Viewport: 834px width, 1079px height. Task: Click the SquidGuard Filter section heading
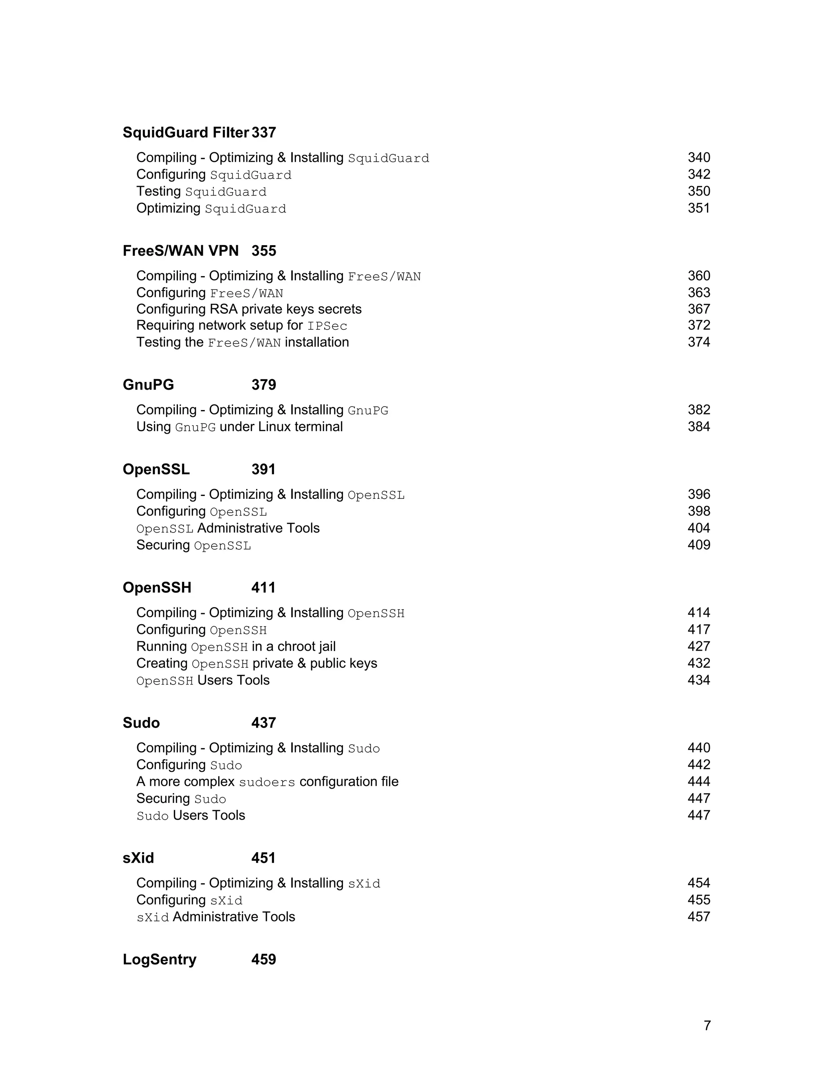click(x=185, y=132)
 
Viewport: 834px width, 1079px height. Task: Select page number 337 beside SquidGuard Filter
click(x=264, y=132)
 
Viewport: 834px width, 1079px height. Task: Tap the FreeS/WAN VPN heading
click(x=180, y=251)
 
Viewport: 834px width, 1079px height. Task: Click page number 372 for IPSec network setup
click(x=699, y=326)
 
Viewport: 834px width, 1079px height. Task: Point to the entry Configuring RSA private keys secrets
click(x=248, y=309)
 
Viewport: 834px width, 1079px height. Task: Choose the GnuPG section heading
click(x=148, y=385)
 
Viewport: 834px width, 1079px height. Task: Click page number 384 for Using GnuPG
click(x=699, y=427)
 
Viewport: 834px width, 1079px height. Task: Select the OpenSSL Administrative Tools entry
click(x=228, y=528)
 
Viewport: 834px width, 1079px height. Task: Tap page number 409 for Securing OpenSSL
click(x=699, y=545)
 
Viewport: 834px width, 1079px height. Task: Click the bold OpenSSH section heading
click(x=157, y=588)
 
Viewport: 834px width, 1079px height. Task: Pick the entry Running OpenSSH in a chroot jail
click(x=236, y=647)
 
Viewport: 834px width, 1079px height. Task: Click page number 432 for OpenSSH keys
click(x=699, y=664)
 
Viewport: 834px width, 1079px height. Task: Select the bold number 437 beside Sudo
click(x=263, y=723)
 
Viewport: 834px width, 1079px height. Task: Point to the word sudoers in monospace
click(x=267, y=783)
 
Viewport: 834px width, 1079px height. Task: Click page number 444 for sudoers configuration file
click(x=699, y=782)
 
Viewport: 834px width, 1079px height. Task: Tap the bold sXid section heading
click(x=138, y=858)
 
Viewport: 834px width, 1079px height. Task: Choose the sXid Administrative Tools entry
click(x=215, y=917)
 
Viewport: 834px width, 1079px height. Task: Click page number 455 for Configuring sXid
click(x=699, y=900)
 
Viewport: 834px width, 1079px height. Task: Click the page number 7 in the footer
click(x=707, y=1026)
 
